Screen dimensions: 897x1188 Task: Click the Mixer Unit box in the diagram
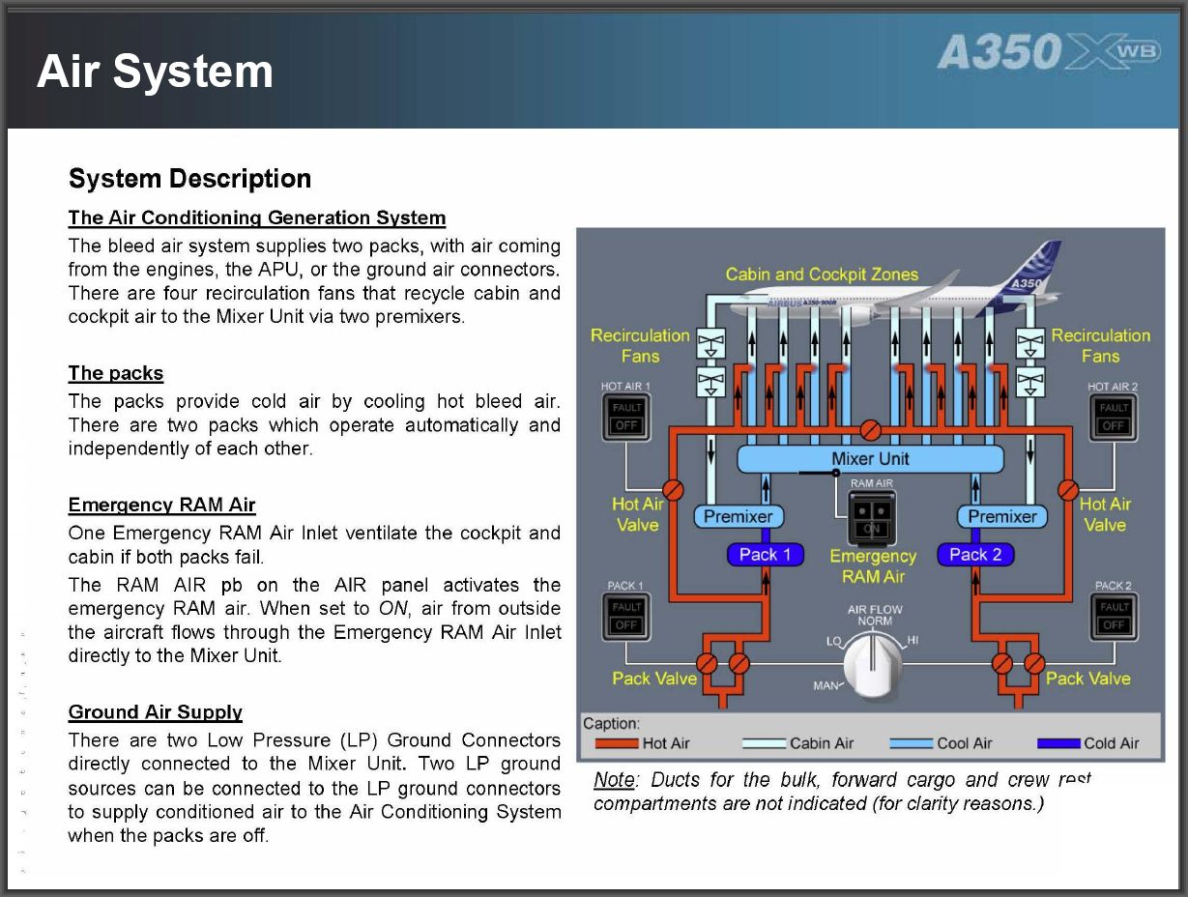870,458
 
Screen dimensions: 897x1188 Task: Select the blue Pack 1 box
765,555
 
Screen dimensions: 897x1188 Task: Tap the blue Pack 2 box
975,555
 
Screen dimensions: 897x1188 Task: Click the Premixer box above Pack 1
738,517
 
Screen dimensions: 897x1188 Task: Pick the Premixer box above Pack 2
1001,517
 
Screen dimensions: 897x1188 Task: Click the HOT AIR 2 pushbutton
1113,418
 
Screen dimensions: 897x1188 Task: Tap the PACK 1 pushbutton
626,617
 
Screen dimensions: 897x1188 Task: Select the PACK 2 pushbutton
1114,617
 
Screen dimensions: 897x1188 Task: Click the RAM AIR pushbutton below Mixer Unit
872,517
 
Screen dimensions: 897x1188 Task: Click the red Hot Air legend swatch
617,743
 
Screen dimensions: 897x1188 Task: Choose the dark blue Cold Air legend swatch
1058,743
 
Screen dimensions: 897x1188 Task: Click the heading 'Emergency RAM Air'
161,506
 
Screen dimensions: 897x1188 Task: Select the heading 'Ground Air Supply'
155,712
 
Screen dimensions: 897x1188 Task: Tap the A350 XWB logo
1048,53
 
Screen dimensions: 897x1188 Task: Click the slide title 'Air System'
155,72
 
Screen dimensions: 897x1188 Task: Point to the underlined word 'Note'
614,780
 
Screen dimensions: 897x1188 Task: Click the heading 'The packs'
115,373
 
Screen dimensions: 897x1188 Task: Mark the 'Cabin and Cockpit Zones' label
822,275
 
